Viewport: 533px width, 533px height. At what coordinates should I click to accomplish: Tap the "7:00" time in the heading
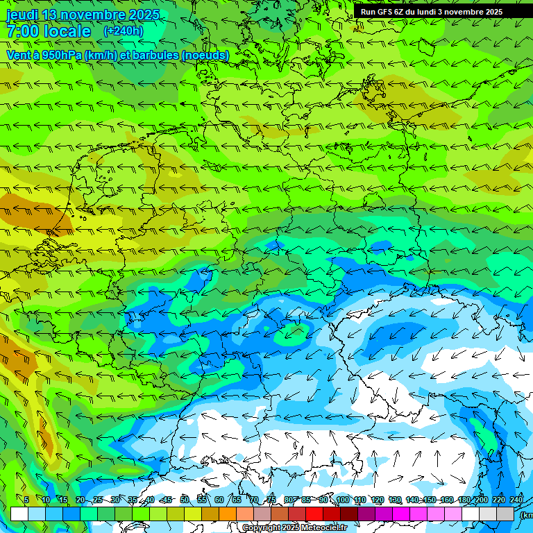21,31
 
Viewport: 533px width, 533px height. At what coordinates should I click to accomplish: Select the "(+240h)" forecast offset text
123,31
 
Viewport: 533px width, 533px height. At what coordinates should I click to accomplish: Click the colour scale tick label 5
26,500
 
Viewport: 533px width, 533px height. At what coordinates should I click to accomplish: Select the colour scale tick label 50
184,500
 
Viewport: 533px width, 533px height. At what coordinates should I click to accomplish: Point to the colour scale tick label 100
342,500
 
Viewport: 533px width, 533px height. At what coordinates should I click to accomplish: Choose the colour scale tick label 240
516,500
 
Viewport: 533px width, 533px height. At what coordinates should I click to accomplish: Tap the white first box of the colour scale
19,514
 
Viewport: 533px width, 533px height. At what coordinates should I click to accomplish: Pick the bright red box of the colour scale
314,514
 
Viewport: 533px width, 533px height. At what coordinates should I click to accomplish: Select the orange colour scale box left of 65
228,514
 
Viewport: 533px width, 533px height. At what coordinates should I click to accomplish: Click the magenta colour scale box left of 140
401,514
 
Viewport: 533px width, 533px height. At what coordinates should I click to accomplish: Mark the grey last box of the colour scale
505,514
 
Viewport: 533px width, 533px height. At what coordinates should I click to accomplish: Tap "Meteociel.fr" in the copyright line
325,528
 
